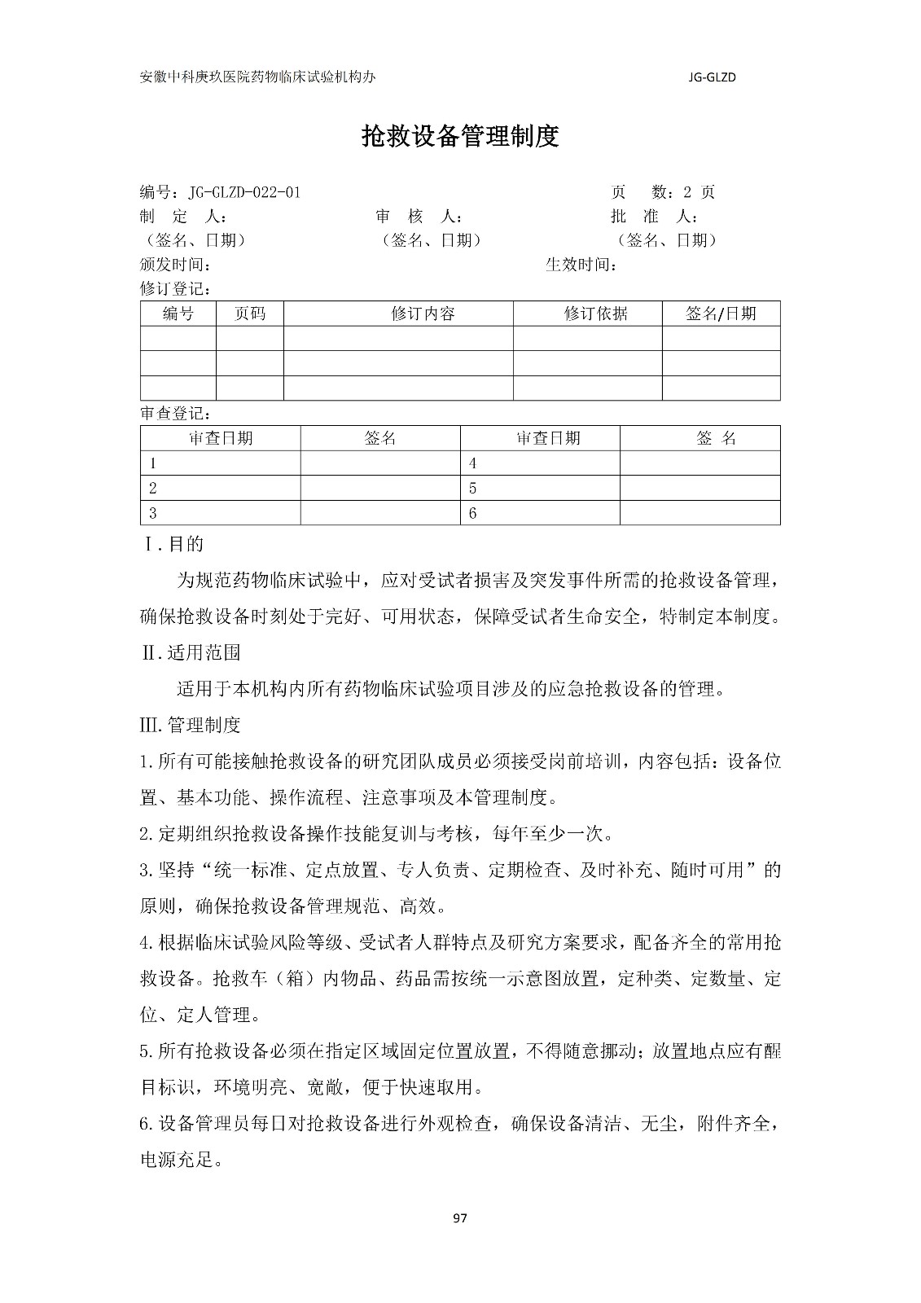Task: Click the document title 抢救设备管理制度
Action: point(460,137)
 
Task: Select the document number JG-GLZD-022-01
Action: point(244,192)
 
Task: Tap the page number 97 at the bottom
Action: point(460,1218)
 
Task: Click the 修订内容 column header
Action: point(423,314)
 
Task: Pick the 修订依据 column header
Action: point(595,314)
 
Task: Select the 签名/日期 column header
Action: point(721,314)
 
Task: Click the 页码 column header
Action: point(249,314)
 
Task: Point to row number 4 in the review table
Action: point(472,463)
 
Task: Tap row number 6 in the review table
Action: point(472,514)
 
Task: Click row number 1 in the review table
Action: point(153,463)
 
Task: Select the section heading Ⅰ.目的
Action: point(173,544)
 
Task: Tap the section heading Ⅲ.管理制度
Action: point(191,725)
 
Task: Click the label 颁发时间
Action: point(176,265)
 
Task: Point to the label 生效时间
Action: point(581,265)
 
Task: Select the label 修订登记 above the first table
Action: point(176,289)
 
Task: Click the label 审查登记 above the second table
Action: point(176,414)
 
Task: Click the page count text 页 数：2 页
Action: point(663,192)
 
